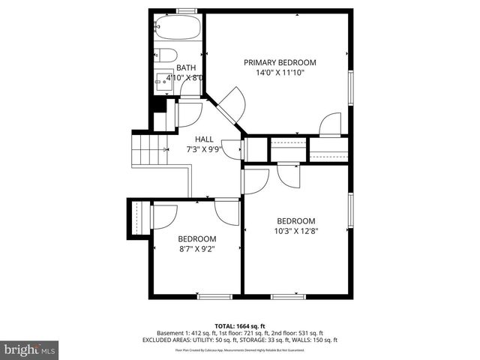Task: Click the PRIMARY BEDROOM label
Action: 280,63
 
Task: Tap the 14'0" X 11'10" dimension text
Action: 280,73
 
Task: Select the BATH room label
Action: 185,67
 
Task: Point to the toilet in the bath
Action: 166,55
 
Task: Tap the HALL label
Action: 204,139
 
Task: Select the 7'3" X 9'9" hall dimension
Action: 204,150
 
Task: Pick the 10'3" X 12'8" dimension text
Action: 295,232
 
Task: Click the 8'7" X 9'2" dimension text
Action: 196,249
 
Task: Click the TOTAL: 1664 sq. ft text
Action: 239,325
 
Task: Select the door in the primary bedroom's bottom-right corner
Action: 331,124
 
